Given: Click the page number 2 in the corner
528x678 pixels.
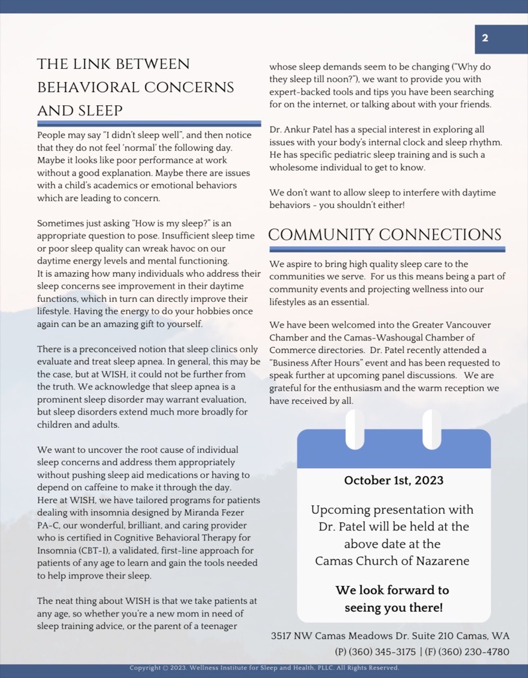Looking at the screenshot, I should (485, 38).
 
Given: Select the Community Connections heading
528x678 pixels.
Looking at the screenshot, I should (385, 235).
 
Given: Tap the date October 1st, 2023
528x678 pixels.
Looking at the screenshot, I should (394, 480).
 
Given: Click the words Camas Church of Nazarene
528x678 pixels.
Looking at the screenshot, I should (392, 561).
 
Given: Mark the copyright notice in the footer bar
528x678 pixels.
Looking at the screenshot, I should (264, 668).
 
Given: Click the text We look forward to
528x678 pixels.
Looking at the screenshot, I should (392, 590).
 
